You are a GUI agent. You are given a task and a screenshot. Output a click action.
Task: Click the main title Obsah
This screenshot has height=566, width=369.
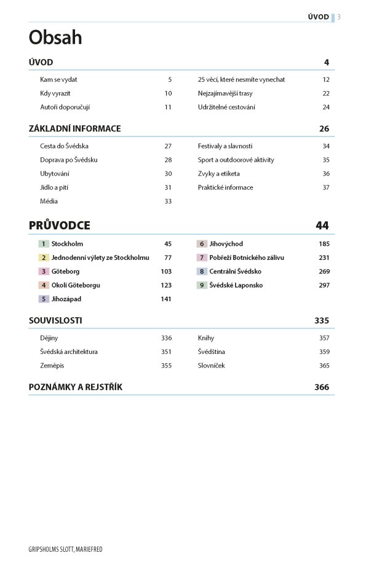55,38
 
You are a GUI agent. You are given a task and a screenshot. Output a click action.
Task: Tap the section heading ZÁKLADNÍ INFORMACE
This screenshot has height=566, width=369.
75,129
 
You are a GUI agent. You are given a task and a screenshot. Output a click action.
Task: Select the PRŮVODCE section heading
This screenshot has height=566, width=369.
60,226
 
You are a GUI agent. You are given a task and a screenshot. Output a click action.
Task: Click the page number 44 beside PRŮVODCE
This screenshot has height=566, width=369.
322,226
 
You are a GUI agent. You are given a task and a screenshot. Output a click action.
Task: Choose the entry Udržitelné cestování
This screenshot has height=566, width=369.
226,107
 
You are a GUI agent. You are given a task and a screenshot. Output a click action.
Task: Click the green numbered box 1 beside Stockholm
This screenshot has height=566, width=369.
44,244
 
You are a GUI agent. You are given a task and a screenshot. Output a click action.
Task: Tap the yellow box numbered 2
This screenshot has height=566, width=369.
44,257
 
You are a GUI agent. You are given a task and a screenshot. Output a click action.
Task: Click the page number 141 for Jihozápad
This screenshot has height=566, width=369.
166,299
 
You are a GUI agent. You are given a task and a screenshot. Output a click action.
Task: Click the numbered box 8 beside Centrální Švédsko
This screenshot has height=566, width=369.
202,271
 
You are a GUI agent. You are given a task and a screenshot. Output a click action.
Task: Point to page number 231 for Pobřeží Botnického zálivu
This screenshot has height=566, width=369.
324,257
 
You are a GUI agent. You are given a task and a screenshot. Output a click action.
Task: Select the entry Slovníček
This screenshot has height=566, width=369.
212,365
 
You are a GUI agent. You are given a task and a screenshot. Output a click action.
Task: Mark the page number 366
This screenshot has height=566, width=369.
322,387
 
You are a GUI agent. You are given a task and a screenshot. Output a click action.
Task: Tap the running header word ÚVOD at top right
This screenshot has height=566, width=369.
318,17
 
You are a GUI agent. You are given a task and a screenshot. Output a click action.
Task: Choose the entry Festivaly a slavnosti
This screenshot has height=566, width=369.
225,146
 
